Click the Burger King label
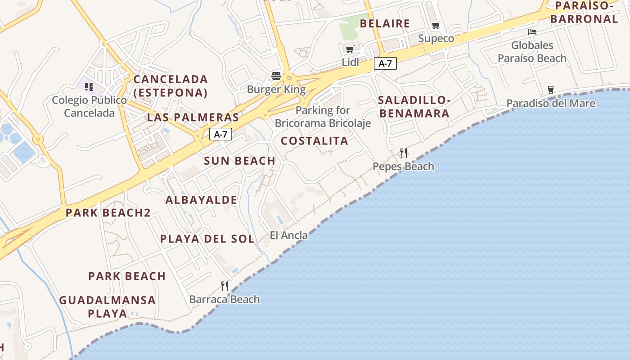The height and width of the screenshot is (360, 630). (x=276, y=89)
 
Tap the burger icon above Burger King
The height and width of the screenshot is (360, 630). (x=276, y=76)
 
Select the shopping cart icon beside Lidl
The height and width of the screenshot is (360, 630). (x=350, y=49)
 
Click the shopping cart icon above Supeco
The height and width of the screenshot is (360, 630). (x=436, y=26)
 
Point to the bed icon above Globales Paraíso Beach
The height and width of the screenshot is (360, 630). (x=532, y=32)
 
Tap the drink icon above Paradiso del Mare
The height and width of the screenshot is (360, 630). (x=550, y=90)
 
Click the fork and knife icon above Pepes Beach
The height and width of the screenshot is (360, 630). (x=404, y=153)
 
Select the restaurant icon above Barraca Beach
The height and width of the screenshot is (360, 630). (x=225, y=286)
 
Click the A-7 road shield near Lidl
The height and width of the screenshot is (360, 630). (x=385, y=63)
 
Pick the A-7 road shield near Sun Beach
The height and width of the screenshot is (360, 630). (x=220, y=134)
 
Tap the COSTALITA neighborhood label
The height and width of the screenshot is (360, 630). (x=315, y=141)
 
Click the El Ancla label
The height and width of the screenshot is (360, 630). (x=289, y=235)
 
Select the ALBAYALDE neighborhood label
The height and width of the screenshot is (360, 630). (x=201, y=200)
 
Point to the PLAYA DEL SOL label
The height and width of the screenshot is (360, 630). (x=207, y=239)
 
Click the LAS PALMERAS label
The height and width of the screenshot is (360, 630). (x=193, y=118)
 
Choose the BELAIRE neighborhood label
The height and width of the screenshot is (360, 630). (x=385, y=24)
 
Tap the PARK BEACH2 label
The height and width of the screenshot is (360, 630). (x=108, y=213)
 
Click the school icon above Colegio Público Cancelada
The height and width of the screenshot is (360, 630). (x=89, y=86)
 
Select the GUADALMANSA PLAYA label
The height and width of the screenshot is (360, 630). (x=108, y=306)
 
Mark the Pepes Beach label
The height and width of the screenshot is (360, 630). (x=403, y=166)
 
